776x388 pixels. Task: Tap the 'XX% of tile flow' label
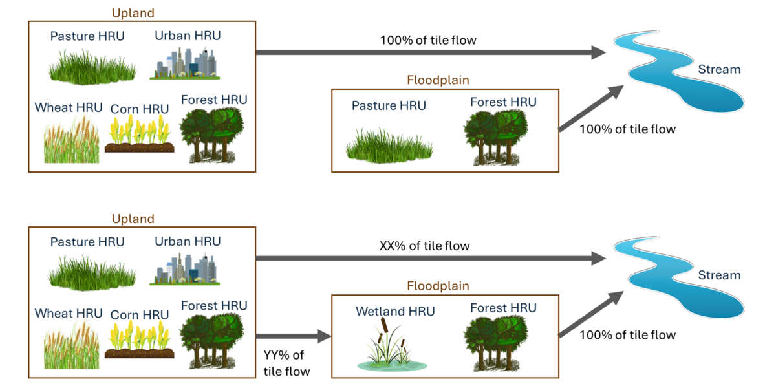coord(424,246)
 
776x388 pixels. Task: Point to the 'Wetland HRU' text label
coord(395,311)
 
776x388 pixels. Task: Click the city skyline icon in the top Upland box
coord(186,63)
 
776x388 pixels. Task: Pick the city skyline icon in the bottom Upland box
coord(186,268)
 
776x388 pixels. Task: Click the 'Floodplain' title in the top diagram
coord(438,81)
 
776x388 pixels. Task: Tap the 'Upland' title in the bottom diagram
coord(133,219)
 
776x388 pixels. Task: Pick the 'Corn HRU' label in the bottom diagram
coord(140,314)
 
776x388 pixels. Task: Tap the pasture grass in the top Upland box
coord(91,65)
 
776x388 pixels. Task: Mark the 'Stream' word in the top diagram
coord(719,70)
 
